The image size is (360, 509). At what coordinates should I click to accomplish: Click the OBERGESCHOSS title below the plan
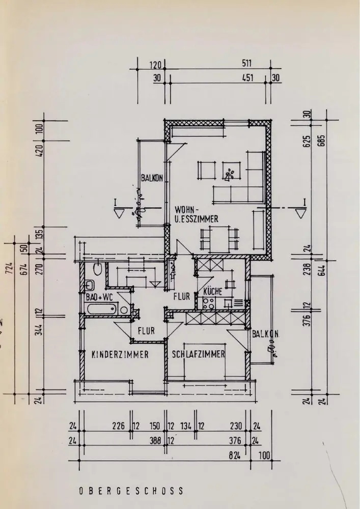[131, 492]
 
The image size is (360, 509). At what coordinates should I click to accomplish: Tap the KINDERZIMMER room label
[120, 355]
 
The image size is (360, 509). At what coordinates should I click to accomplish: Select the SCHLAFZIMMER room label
[199, 355]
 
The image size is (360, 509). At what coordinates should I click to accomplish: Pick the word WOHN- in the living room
[186, 209]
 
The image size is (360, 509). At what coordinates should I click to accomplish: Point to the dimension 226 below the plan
[120, 427]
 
